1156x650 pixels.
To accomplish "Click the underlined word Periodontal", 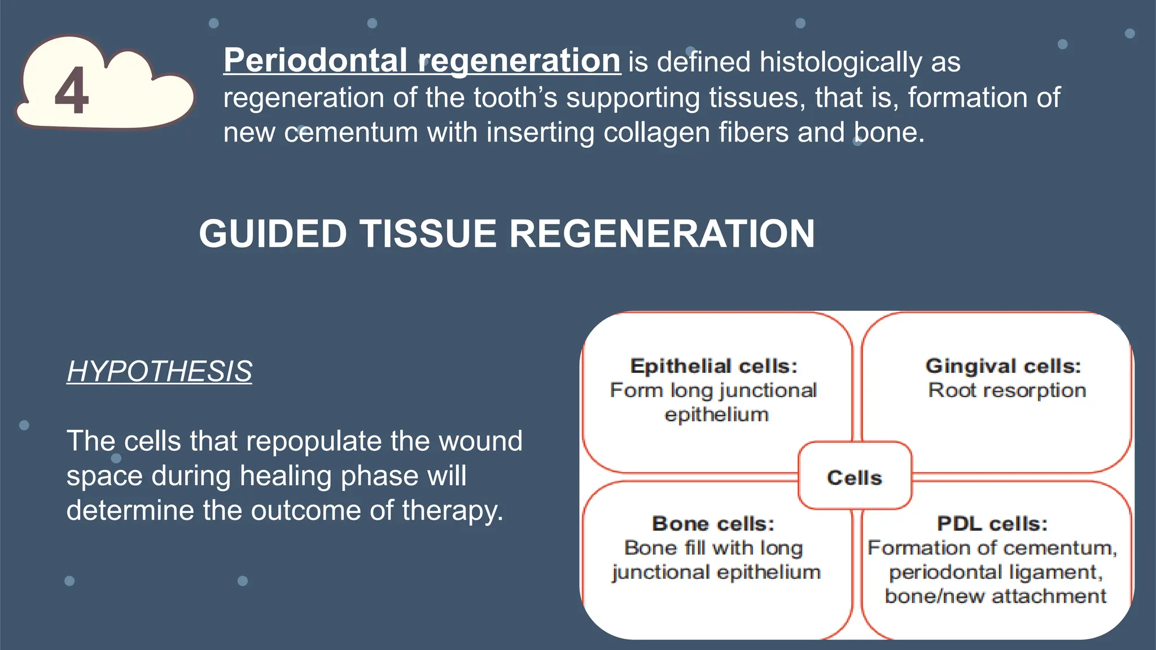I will (315, 60).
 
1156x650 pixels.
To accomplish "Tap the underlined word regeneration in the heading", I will (519, 60).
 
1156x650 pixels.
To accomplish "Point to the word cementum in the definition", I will (351, 133).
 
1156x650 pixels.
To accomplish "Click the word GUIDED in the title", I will (273, 234).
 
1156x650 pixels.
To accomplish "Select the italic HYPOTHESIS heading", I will (159, 371).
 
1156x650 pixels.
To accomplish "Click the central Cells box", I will (855, 477).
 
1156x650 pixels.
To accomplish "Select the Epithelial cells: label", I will (714, 366).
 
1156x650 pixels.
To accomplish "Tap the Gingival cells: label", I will (1003, 366).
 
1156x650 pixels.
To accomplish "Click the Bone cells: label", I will (713, 524).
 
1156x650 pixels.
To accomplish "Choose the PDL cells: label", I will (992, 524).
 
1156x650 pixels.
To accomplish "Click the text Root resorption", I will (1007, 390).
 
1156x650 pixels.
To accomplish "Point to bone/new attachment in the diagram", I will (995, 596).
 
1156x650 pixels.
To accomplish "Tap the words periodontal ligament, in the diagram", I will (995, 572).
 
